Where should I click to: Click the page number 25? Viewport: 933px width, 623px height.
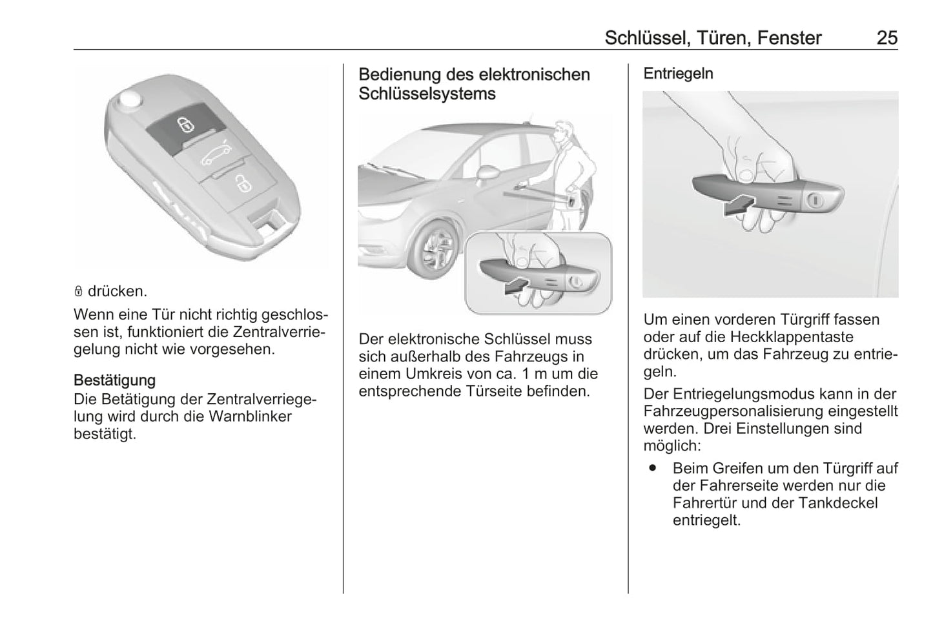tap(887, 38)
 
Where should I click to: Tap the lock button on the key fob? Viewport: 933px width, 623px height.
tap(185, 123)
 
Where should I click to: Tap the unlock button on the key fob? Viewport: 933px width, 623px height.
tap(243, 185)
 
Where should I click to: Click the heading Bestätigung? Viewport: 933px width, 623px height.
tap(114, 380)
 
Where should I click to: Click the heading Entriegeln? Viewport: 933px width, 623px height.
tap(678, 74)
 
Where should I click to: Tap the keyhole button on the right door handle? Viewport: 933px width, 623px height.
tap(814, 201)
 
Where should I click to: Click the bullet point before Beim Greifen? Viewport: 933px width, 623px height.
tap(653, 467)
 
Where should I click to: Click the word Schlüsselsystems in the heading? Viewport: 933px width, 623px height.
tap(427, 94)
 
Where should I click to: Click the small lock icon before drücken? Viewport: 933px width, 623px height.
tap(78, 292)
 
